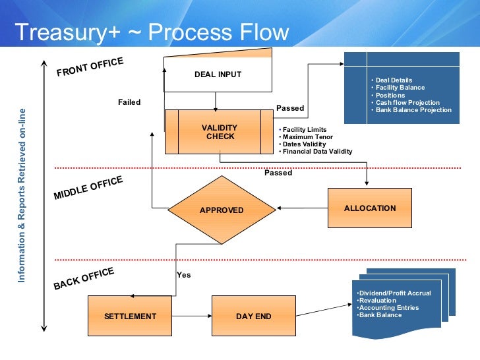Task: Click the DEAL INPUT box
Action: click(218, 74)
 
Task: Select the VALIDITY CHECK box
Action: click(220, 132)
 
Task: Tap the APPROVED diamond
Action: click(222, 210)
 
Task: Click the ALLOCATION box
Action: click(369, 208)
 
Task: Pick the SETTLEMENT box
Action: click(130, 316)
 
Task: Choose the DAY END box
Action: click(253, 316)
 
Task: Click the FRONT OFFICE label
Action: click(90, 67)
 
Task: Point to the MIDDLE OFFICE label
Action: click(88, 188)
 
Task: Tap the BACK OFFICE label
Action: click(84, 278)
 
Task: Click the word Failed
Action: click(129, 102)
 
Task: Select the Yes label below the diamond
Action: click(183, 275)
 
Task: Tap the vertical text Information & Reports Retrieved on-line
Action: click(22, 196)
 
